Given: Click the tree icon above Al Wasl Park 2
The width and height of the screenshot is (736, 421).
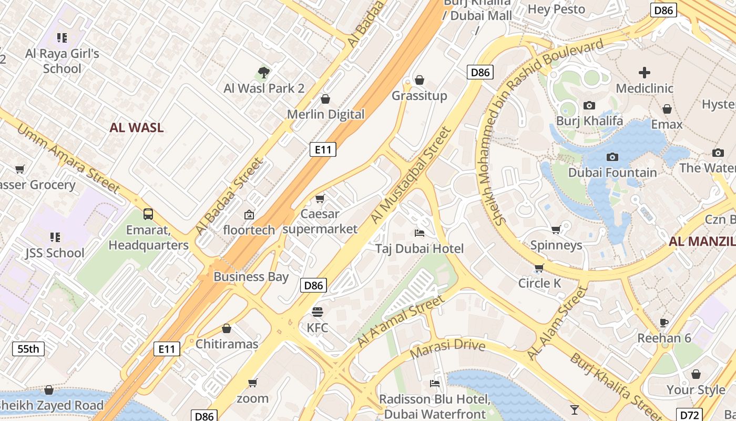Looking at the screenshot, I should click(263, 72).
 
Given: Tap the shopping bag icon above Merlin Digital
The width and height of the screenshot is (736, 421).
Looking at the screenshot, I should click(325, 99).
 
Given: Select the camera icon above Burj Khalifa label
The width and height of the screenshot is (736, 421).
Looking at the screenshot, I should click(589, 105).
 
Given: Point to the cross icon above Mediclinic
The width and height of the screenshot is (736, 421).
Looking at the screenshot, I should click(645, 73).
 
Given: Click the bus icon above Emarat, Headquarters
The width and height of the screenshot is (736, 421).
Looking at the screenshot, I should click(148, 214).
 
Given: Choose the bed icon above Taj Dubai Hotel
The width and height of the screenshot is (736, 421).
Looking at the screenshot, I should click(420, 233).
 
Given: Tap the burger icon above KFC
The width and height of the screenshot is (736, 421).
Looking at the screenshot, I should click(317, 312).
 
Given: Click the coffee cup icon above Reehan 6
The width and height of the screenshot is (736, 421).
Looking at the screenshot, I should click(664, 322).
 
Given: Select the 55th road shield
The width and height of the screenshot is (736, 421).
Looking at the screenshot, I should click(28, 348).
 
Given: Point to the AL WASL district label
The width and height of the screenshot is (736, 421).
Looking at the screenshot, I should click(137, 127).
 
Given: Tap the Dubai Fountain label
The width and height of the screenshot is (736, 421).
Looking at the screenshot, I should click(612, 173).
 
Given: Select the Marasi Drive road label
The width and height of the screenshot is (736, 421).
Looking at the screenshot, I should click(447, 347).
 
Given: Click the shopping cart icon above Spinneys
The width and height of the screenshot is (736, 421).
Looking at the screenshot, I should click(556, 229).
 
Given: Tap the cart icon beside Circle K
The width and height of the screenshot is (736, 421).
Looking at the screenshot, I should click(539, 268).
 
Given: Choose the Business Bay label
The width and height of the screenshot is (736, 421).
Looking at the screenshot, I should click(251, 277).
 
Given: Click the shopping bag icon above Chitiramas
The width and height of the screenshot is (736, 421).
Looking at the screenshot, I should click(227, 328).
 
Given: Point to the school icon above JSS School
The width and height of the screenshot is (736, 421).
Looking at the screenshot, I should click(55, 237).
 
